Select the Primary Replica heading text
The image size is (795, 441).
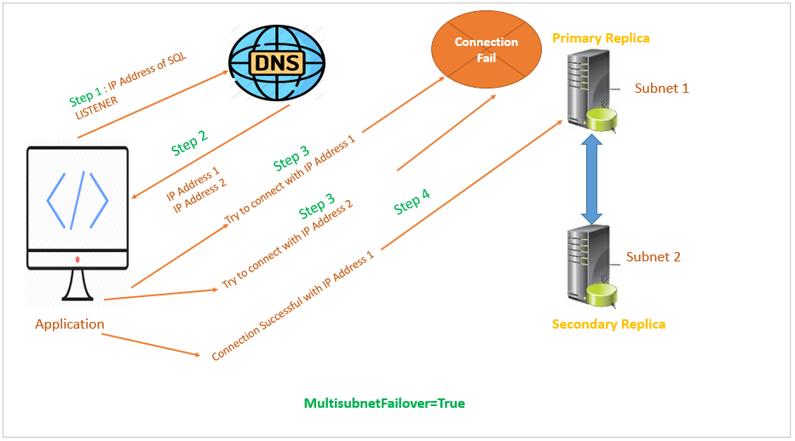[x=601, y=38]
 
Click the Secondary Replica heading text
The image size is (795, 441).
[x=608, y=324]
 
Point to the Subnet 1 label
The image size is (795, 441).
[x=661, y=89]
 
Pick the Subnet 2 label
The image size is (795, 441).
[x=654, y=257]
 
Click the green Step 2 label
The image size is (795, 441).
[x=189, y=145]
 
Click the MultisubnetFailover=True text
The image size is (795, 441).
[x=384, y=404]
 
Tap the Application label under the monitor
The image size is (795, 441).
[x=70, y=324]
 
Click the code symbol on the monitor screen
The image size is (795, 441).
[x=78, y=201]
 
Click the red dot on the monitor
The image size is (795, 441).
[x=78, y=259]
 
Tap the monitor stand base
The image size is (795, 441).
[x=77, y=298]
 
